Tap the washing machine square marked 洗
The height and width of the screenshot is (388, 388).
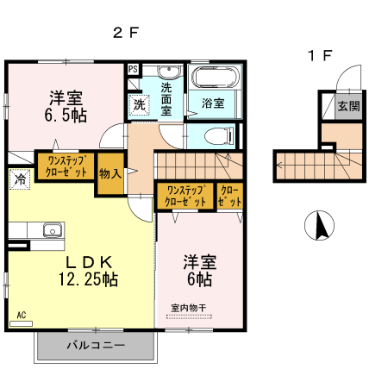click(x=139, y=105)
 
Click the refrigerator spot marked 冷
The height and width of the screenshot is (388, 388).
click(x=19, y=179)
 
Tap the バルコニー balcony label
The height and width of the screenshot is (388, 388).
click(x=96, y=346)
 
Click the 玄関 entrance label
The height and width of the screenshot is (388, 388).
click(x=348, y=107)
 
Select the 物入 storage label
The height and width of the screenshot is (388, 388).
click(x=110, y=172)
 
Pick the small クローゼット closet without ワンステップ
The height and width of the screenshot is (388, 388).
click(x=230, y=196)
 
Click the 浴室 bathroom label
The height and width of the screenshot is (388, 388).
click(x=213, y=103)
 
